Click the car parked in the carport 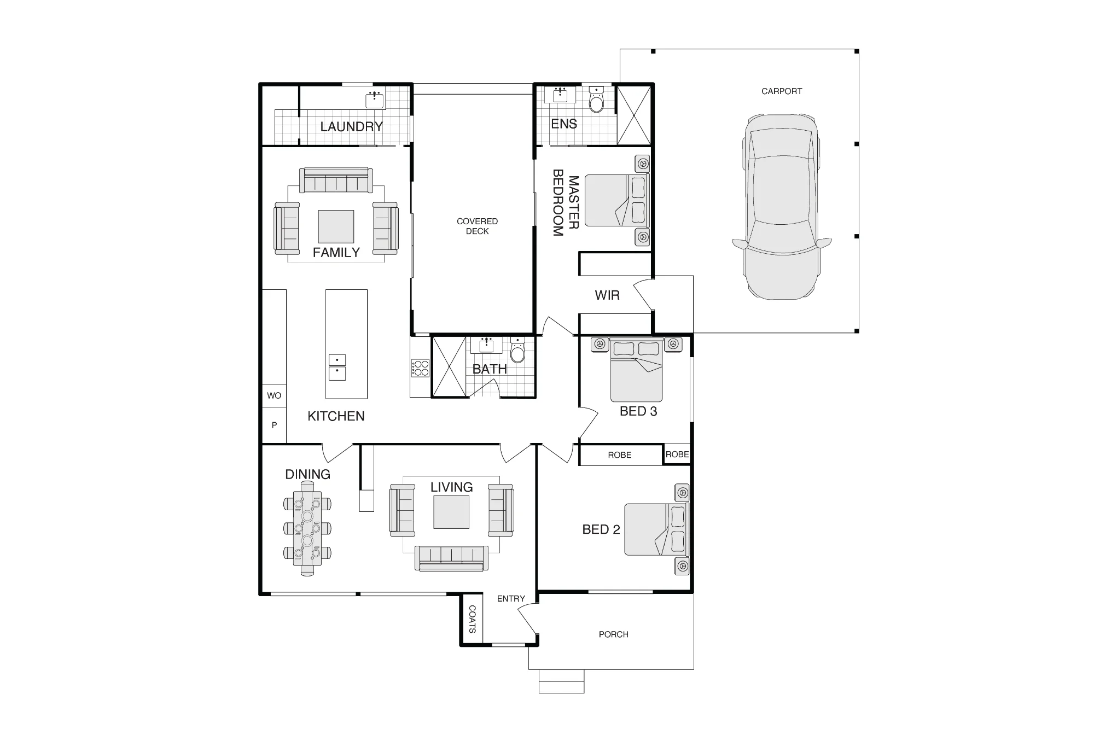(782, 207)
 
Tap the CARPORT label (782, 91)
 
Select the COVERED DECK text (477, 226)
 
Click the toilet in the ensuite (596, 100)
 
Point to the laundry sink (375, 99)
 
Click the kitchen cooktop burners (420, 368)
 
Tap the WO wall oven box (274, 395)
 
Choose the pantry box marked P (274, 425)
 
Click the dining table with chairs (307, 533)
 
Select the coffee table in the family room (336, 226)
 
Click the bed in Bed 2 (656, 529)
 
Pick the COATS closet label (472, 619)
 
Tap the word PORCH (613, 634)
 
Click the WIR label (607, 295)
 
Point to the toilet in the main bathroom (517, 350)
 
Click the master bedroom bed (616, 200)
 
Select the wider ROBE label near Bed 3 (620, 455)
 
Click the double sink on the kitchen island (337, 367)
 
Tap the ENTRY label (511, 599)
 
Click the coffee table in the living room (451, 512)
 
